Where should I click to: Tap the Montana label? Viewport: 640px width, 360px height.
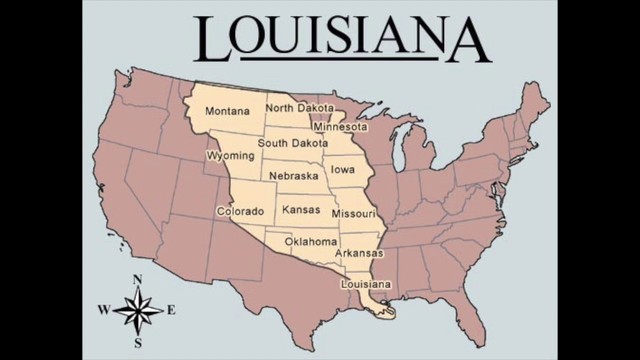tap(227, 111)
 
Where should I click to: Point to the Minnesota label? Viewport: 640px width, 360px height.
tap(340, 127)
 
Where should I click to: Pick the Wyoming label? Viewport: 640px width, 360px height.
tap(230, 156)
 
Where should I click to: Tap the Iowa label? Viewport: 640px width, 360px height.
tap(343, 169)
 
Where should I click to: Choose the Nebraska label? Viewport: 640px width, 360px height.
tap(293, 176)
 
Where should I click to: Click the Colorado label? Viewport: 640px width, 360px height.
tap(240, 211)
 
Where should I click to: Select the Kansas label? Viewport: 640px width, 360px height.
tap(301, 210)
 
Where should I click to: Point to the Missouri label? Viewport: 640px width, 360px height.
tap(353, 214)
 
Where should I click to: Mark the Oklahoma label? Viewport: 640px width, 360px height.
tap(311, 242)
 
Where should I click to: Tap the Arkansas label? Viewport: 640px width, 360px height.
tap(359, 253)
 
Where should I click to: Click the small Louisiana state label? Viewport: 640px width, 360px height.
tap(365, 284)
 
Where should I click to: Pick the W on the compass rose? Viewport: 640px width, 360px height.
tap(103, 311)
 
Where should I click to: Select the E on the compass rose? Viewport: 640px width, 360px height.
tap(172, 310)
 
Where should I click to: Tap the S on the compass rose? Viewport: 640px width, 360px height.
tap(138, 342)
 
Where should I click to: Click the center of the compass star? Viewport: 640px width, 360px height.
tap(138, 310)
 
